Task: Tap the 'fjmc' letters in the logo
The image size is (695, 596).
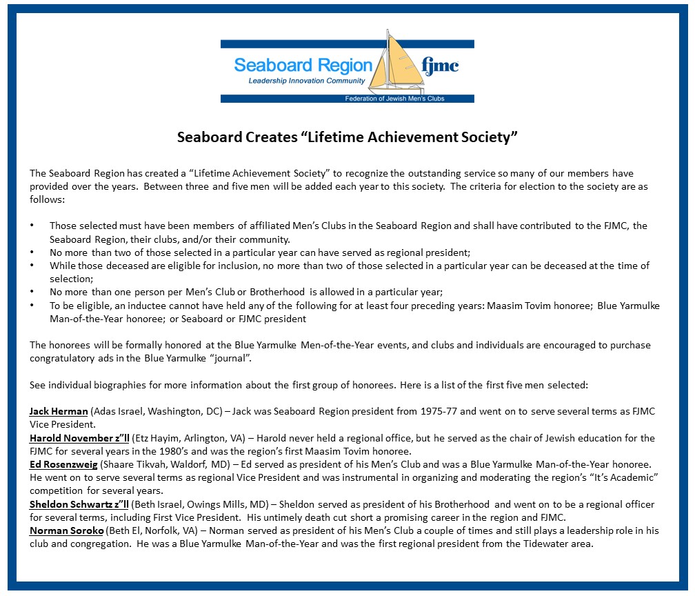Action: tap(439, 66)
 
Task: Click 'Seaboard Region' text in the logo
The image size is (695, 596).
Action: tap(303, 66)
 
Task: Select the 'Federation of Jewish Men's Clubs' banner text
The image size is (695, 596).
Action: tap(394, 99)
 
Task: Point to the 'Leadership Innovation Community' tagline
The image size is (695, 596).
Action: tap(307, 81)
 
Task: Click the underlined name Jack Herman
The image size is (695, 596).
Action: tap(59, 412)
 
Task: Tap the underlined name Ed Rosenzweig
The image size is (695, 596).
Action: tap(66, 465)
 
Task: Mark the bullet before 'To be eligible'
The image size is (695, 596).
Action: tap(32, 306)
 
